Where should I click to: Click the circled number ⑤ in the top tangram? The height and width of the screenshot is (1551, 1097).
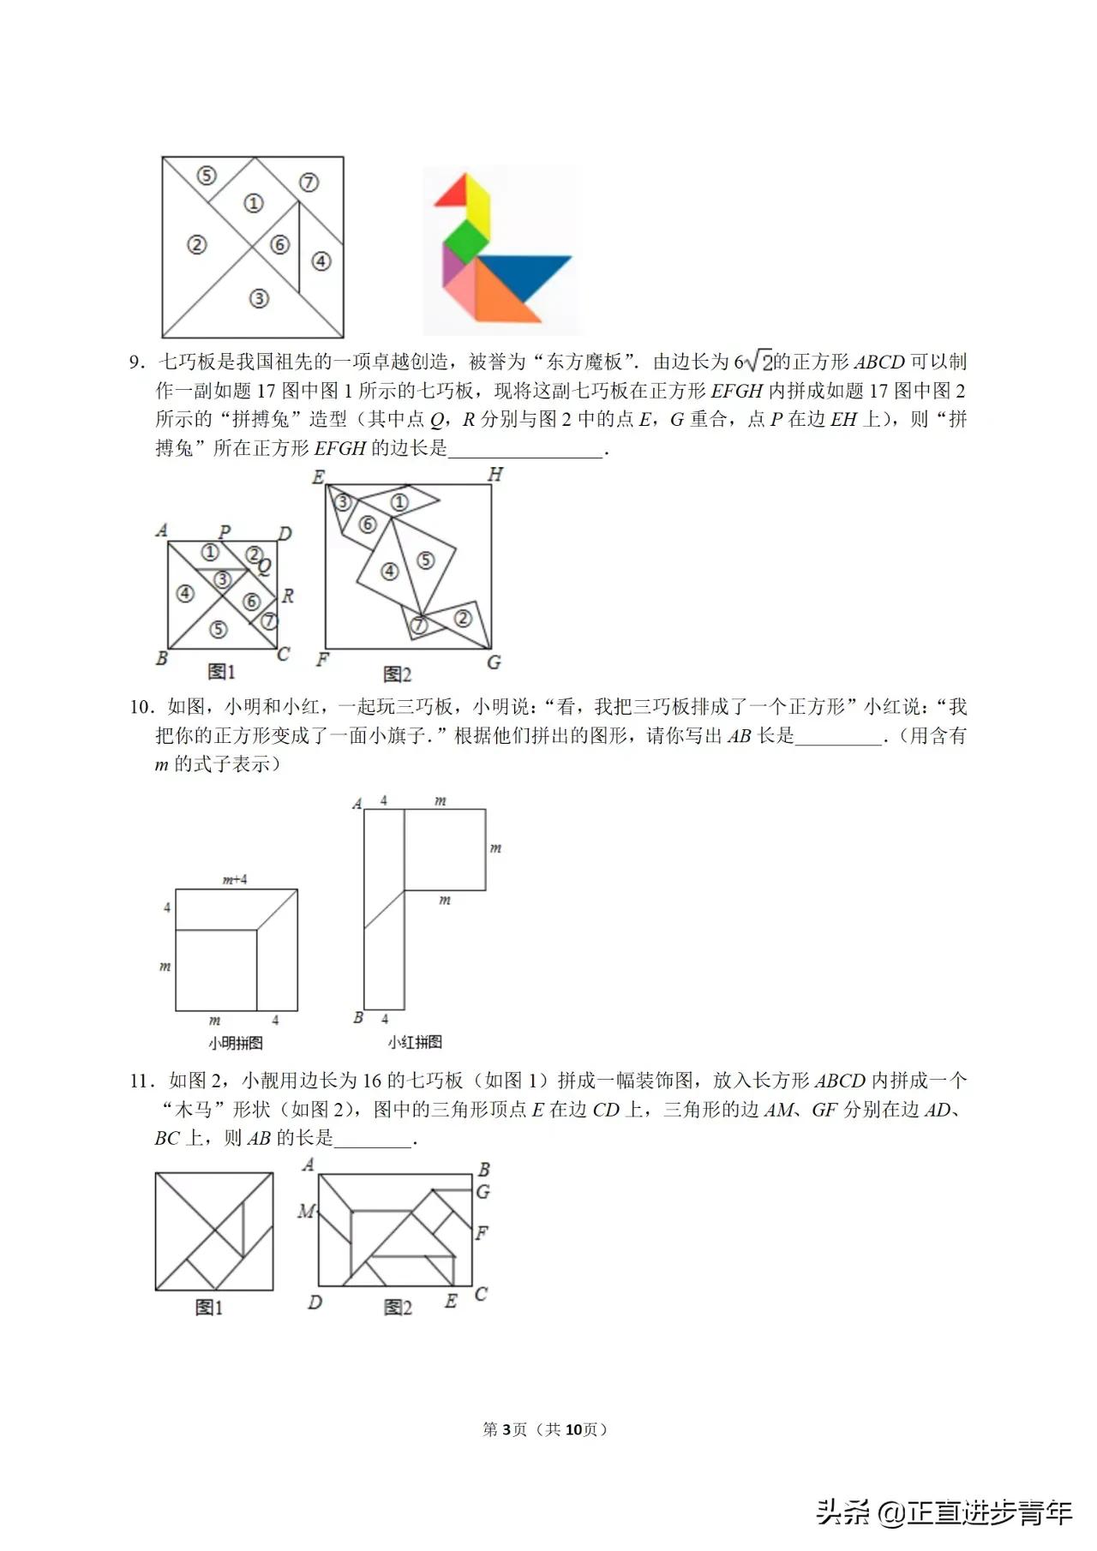(207, 176)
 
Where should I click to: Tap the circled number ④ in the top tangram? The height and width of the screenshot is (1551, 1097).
(321, 260)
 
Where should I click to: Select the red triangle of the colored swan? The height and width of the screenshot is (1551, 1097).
(453, 191)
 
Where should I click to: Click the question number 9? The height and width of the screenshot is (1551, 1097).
(138, 362)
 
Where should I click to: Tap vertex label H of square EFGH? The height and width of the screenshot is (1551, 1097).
(495, 475)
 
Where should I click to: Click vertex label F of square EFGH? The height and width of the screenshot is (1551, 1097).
(322, 660)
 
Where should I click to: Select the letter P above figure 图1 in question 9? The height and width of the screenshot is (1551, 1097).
(225, 531)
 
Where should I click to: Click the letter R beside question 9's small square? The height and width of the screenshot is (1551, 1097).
(288, 596)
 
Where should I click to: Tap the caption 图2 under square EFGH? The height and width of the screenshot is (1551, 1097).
(397, 674)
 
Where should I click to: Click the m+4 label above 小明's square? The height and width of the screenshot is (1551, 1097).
(235, 879)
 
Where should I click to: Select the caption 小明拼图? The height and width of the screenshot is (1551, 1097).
(235, 1043)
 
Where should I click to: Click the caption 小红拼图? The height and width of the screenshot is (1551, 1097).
(415, 1042)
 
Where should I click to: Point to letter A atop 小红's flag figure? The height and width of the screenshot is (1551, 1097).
(357, 804)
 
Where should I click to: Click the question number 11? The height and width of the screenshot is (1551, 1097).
(141, 1081)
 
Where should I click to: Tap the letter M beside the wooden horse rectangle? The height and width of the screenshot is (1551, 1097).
(306, 1212)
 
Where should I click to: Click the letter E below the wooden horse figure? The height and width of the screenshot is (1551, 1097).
(451, 1301)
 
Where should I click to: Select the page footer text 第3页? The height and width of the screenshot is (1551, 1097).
(506, 1429)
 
